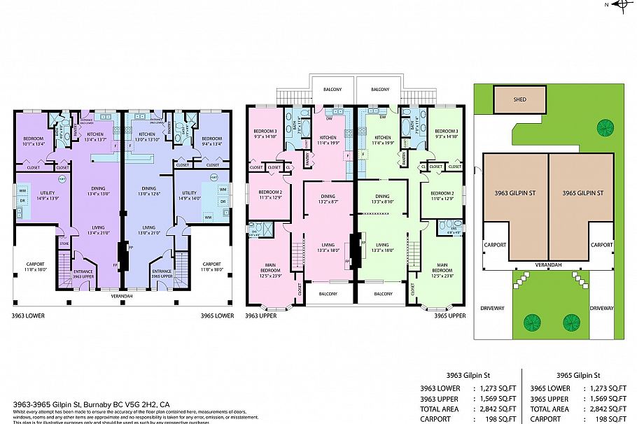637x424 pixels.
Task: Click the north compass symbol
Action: pyautogui.click(x=620, y=5)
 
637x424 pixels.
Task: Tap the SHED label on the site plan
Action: pyautogui.click(x=519, y=99)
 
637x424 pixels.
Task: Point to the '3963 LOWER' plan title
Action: pyautogui.click(x=29, y=316)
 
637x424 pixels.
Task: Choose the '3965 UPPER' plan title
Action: pyautogui.click(x=449, y=316)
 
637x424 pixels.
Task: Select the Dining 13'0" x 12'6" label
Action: pyautogui.click(x=148, y=191)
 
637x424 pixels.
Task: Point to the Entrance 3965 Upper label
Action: pyautogui.click(x=162, y=274)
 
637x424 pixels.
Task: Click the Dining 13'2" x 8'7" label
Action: pyautogui.click(x=328, y=199)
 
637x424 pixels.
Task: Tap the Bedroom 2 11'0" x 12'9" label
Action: pyautogui.click(x=442, y=196)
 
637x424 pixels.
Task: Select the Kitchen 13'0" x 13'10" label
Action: pyautogui.click(x=146, y=136)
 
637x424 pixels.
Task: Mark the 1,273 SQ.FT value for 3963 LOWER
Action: pyautogui.click(x=496, y=388)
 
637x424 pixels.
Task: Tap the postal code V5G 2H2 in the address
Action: pyautogui.click(x=138, y=404)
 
